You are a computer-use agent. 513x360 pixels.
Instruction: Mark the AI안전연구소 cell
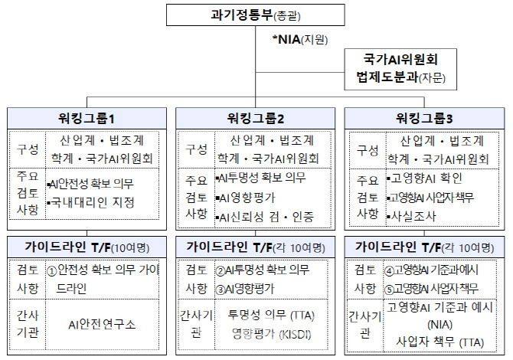tap(102, 324)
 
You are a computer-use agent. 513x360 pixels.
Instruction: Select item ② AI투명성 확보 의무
tap(262, 270)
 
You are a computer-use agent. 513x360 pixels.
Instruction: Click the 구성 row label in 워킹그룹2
tap(196, 149)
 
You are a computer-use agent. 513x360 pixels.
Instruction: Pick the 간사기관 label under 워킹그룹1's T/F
tap(28, 324)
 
